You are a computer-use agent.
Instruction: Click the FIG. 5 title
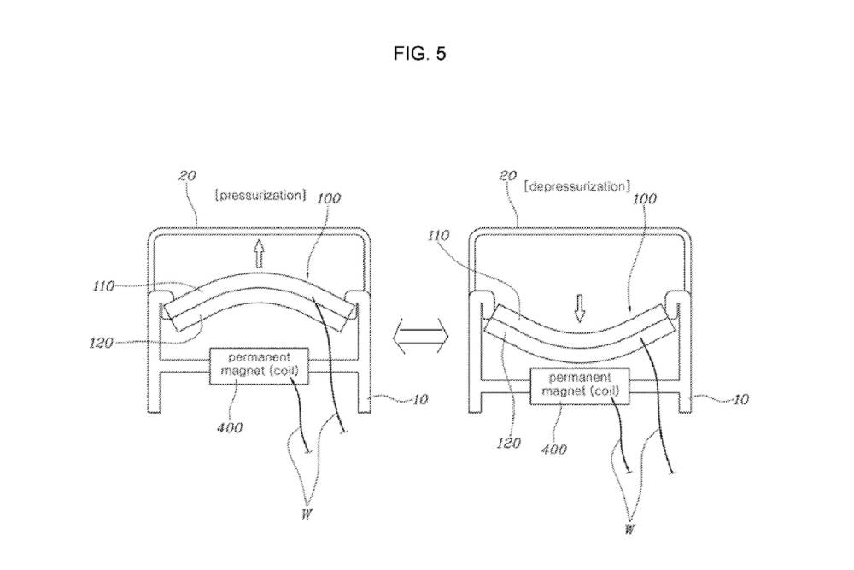coord(420,55)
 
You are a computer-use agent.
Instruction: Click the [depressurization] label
coord(578,186)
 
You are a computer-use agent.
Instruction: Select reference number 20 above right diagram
coord(506,176)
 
